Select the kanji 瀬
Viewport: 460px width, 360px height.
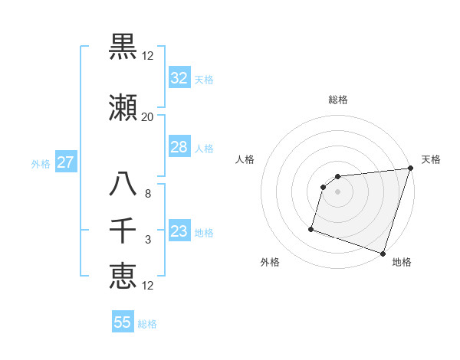123,109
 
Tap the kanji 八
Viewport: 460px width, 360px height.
123,185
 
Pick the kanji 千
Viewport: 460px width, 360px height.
123,231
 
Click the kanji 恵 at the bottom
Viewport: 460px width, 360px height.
123,276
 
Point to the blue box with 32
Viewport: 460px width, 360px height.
179,78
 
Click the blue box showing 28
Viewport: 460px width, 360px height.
179,147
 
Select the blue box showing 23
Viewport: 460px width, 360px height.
179,231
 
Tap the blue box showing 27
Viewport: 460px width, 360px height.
65,162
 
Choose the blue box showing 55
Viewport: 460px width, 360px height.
123,322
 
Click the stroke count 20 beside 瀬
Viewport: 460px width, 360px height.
147,117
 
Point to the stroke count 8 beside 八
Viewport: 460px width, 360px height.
147,194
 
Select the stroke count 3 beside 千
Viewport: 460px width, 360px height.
147,240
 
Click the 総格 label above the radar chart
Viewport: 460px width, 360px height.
338,100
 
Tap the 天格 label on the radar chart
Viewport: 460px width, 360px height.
431,159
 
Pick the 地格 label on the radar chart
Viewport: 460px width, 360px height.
402,262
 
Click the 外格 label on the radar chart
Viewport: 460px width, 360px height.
270,262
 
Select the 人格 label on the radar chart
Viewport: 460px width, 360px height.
245,159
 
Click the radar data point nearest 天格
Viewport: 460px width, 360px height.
410,169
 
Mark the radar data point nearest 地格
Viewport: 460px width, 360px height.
383,253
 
